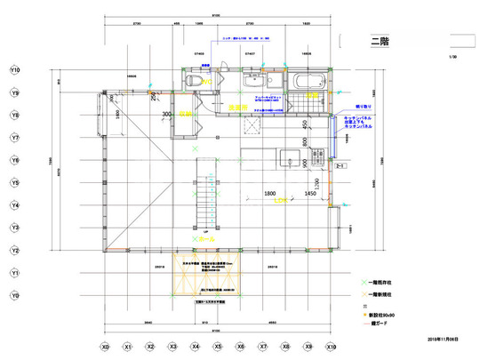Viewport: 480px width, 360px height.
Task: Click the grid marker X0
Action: (x=105, y=347)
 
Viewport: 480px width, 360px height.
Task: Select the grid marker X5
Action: (x=218, y=347)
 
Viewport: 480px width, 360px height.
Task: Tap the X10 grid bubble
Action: (x=332, y=347)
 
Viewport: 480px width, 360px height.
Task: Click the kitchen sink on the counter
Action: (x=289, y=159)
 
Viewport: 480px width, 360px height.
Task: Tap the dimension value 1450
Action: (x=309, y=193)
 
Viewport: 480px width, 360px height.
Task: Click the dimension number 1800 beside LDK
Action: (x=271, y=193)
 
